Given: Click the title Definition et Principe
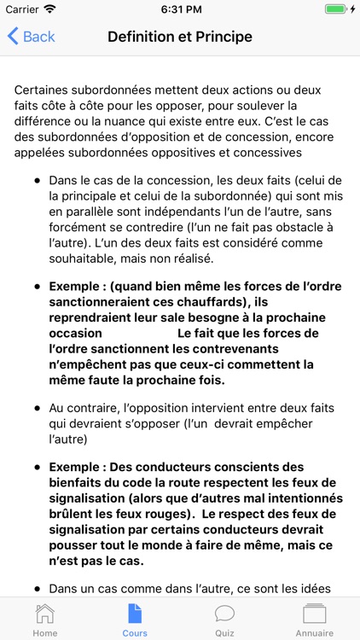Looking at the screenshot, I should click(180, 37).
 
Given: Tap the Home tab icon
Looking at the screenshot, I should click(44, 614).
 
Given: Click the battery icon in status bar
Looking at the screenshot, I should click(339, 9).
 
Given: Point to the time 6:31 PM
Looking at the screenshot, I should click(180, 9).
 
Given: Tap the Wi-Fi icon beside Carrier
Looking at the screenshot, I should click(49, 9).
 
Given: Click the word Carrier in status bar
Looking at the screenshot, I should click(22, 9).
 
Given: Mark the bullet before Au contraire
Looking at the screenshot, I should click(38, 409).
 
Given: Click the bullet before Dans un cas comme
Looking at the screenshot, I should click(38, 589).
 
